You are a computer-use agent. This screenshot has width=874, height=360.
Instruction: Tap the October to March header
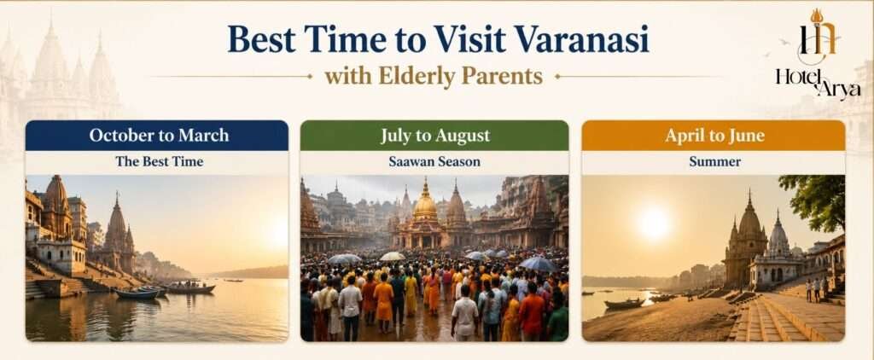pos(157,136)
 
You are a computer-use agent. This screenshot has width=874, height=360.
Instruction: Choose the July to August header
pos(434,136)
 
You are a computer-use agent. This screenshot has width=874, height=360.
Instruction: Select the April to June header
pos(714,136)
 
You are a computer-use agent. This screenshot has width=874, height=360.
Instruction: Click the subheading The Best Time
pos(160,162)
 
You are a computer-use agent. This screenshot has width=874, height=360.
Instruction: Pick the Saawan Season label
pos(434,162)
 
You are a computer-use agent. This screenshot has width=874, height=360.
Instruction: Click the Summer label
pos(714,162)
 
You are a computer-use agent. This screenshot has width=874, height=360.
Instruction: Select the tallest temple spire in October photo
pos(117,228)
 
